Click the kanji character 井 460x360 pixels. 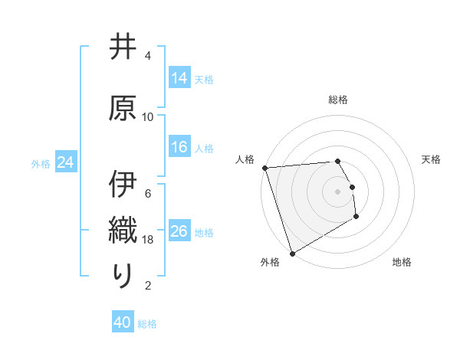click(x=123, y=48)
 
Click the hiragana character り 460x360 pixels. click(x=123, y=273)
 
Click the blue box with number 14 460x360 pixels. click(x=179, y=79)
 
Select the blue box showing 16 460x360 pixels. click(x=179, y=148)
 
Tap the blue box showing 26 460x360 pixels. click(x=179, y=232)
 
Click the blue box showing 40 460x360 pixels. click(x=123, y=323)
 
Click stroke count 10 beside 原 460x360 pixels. click(x=148, y=117)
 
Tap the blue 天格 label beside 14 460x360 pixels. click(x=204, y=80)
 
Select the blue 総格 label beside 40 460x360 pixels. click(x=148, y=324)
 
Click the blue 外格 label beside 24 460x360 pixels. click(x=41, y=164)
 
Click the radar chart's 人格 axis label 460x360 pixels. click(x=245, y=159)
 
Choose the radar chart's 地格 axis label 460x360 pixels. click(x=402, y=262)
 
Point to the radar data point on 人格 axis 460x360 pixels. click(x=264, y=168)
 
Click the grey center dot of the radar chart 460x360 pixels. click(x=338, y=191)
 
